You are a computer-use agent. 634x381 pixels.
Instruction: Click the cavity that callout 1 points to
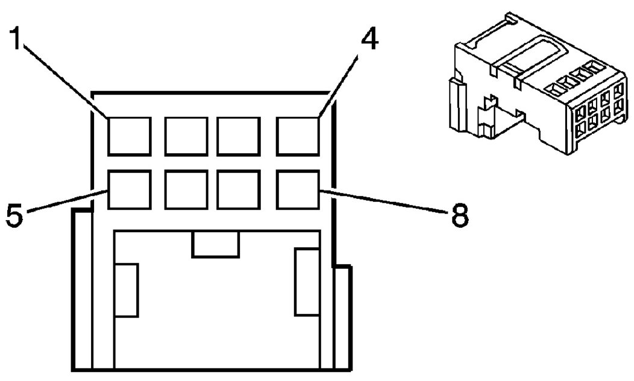tap(129, 136)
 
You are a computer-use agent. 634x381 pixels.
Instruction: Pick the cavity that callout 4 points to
tap(298, 136)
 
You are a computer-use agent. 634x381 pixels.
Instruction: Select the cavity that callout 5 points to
tap(129, 190)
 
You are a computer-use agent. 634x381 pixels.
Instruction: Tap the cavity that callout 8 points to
tap(298, 190)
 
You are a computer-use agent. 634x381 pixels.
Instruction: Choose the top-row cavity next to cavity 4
tap(239, 136)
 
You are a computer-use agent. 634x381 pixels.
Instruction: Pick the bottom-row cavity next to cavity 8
tap(239, 190)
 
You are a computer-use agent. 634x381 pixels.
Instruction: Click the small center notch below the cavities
tap(215, 244)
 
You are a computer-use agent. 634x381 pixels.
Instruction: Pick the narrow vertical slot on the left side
tap(126, 290)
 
